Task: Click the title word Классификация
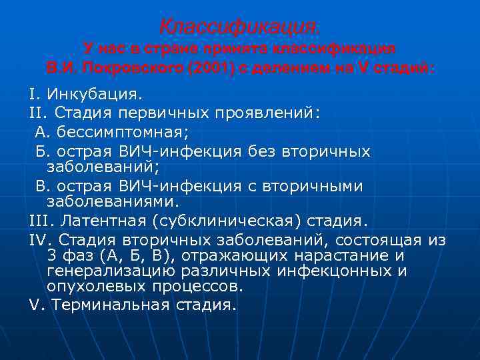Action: (239, 27)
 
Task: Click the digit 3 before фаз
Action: (53, 256)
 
